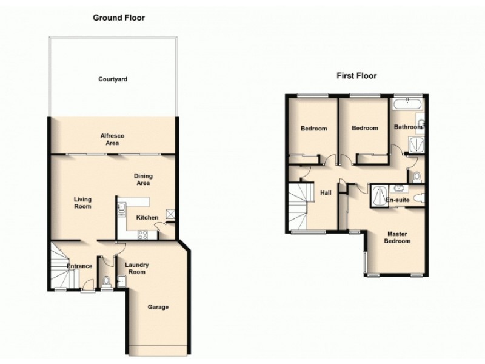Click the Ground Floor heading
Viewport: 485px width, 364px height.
pos(119,18)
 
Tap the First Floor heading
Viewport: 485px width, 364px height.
pos(357,76)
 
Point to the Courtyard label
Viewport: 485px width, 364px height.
pos(113,79)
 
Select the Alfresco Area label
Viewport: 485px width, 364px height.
pos(113,140)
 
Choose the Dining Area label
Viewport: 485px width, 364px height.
pos(143,179)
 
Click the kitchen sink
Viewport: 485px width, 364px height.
pos(121,206)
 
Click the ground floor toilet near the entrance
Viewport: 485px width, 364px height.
pos(107,281)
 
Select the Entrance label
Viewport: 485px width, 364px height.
pos(79,266)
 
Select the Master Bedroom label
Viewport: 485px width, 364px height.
pos(397,237)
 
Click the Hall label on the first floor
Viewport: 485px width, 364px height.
pos(326,193)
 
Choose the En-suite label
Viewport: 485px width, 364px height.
pos(398,199)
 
